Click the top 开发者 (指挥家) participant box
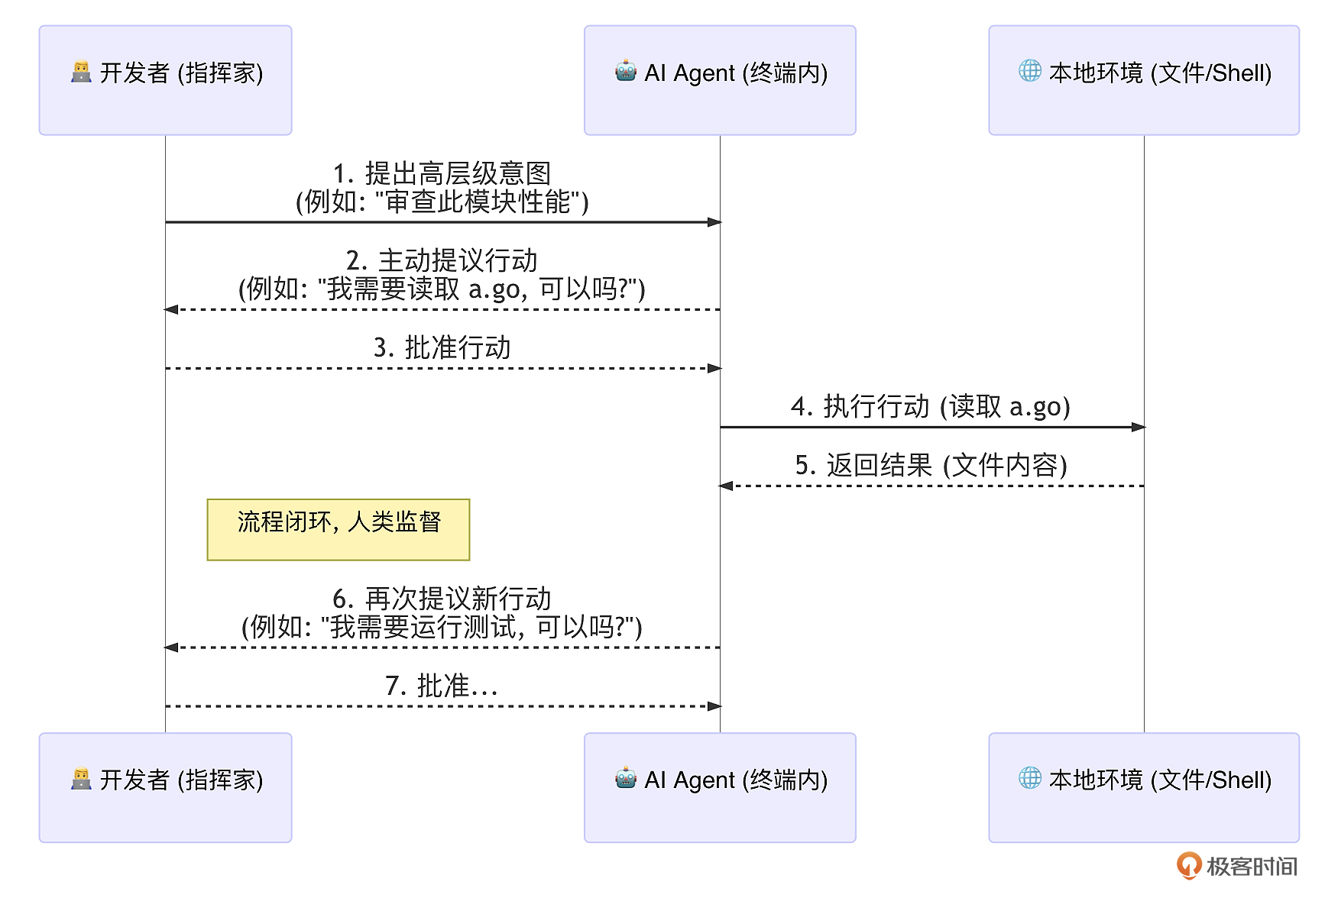click(x=165, y=80)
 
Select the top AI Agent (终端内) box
click(x=719, y=80)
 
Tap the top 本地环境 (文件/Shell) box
click(x=1143, y=80)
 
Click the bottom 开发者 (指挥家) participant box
click(x=165, y=787)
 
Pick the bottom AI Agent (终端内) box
click(x=719, y=787)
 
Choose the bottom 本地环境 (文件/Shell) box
click(x=1143, y=787)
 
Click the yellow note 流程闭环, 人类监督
click(x=338, y=529)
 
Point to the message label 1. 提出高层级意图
click(x=442, y=174)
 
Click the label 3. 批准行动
click(x=442, y=348)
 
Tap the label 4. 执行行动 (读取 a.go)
click(x=930, y=407)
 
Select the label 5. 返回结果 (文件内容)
click(x=930, y=465)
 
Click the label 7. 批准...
click(x=442, y=686)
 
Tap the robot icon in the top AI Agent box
click(x=626, y=71)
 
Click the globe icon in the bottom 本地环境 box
click(x=1029, y=778)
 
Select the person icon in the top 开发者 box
click(x=81, y=72)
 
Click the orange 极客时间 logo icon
click(x=1188, y=866)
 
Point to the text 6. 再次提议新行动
click(x=442, y=599)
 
